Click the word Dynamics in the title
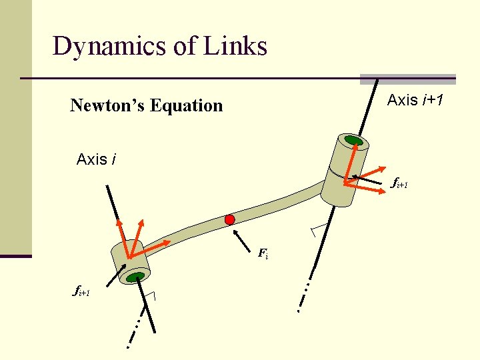click(99, 47)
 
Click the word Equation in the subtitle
click(187, 105)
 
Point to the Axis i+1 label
click(417, 101)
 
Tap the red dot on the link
click(230, 219)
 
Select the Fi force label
click(263, 253)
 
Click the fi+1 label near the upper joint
click(398, 182)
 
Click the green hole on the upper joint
click(353, 141)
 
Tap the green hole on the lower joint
click(137, 276)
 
